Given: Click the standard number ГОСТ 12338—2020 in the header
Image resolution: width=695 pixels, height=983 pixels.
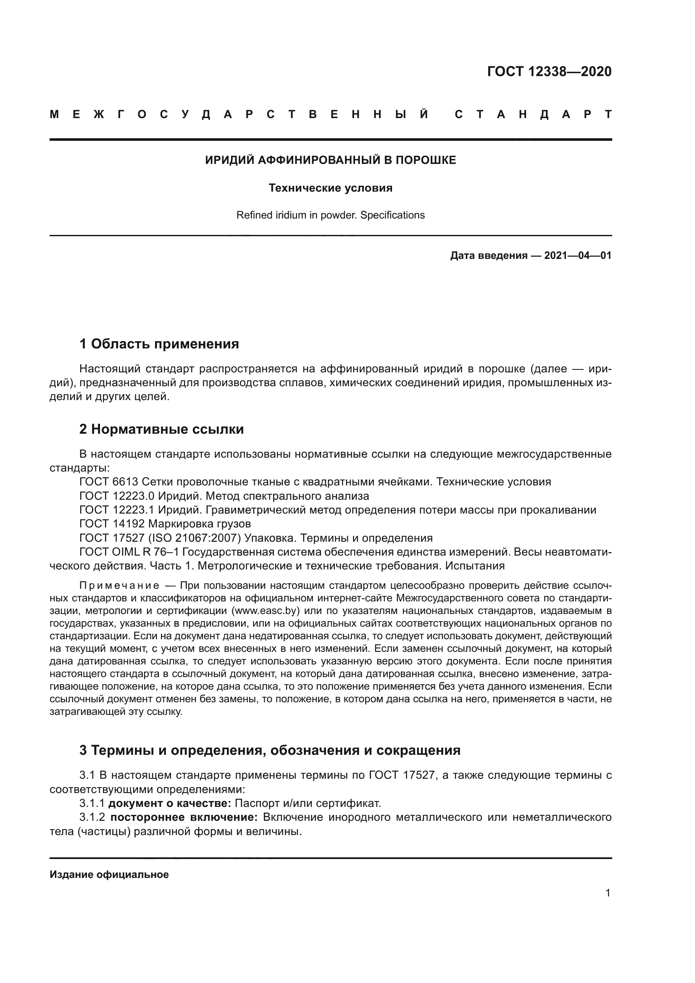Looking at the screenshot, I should pos(549,71).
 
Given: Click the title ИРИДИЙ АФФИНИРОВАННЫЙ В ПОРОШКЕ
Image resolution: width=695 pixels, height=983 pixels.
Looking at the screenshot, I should pos(330,160).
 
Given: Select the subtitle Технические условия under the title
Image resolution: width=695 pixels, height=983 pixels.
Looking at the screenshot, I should pos(330,188).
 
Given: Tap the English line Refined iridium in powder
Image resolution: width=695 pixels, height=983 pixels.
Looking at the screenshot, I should pos(330,215).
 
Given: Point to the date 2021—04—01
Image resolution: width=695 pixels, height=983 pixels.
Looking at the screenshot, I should pos(577,256).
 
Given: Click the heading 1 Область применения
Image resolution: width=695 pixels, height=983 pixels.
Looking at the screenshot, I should pos(159,344).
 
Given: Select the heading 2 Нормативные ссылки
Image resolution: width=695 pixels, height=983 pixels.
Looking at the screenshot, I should pos(161,429).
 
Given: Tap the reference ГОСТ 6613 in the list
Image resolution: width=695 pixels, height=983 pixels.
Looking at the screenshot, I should pos(109,482).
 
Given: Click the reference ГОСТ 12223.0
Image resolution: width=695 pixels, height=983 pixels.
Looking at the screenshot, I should pos(117,496).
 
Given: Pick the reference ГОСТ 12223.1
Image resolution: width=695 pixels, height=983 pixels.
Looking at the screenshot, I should pos(117,510).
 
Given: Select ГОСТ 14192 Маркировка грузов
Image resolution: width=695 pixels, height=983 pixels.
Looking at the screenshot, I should pos(165,524).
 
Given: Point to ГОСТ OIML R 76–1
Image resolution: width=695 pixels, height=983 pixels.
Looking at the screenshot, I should pos(129,552).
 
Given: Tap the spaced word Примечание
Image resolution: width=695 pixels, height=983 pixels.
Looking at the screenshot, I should pos(119,586).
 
